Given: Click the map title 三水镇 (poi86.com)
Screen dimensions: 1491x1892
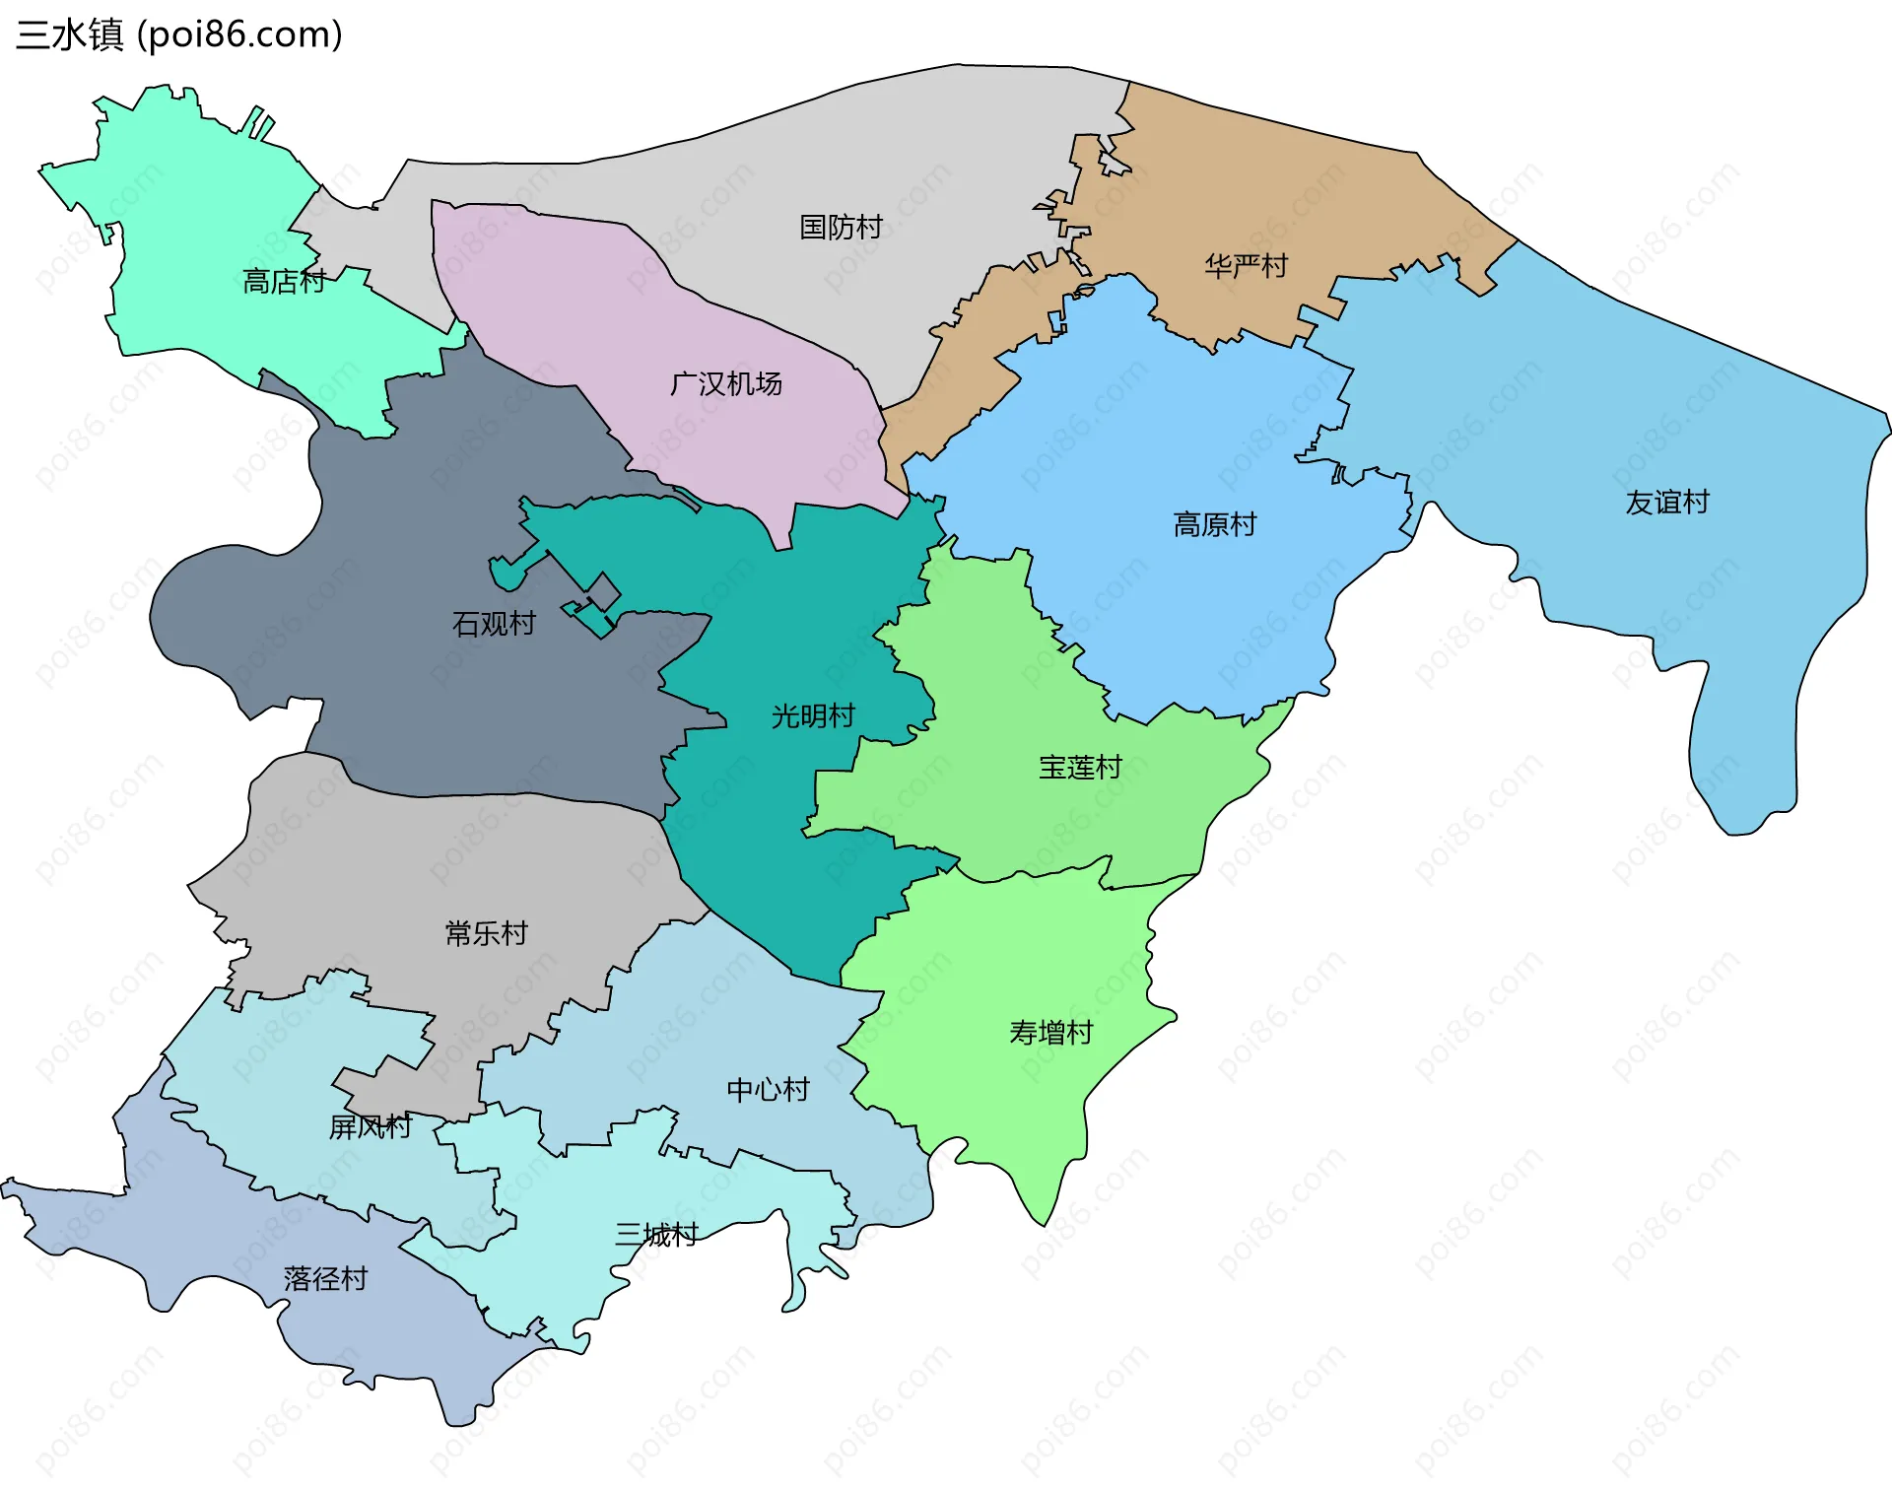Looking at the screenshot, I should tap(179, 34).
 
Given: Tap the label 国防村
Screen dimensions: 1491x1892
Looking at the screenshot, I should tap(841, 228).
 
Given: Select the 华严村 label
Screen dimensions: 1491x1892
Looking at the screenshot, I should tap(1246, 266).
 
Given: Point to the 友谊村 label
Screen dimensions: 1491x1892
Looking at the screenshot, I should tap(1666, 503).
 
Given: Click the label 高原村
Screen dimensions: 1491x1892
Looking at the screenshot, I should tap(1214, 524).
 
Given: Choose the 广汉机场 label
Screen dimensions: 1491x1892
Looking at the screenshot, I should tap(725, 383).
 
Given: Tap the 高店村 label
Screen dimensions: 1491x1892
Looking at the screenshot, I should tap(284, 282).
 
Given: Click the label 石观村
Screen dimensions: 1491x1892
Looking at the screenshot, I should tap(493, 624).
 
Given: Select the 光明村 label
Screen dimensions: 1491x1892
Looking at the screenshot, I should tap(812, 716).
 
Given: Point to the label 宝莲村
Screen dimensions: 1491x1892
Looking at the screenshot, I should tap(1080, 768).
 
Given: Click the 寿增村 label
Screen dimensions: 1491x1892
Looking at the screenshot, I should tap(1050, 1033).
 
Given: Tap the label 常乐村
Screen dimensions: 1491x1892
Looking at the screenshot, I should tap(486, 933).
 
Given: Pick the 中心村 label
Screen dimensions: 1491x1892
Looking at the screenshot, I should tap(768, 1090).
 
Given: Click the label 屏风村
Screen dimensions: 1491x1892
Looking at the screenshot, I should tap(370, 1126).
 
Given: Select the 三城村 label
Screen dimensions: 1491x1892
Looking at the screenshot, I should tap(656, 1235).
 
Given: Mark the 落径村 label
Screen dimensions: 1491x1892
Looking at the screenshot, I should tap(325, 1279).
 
